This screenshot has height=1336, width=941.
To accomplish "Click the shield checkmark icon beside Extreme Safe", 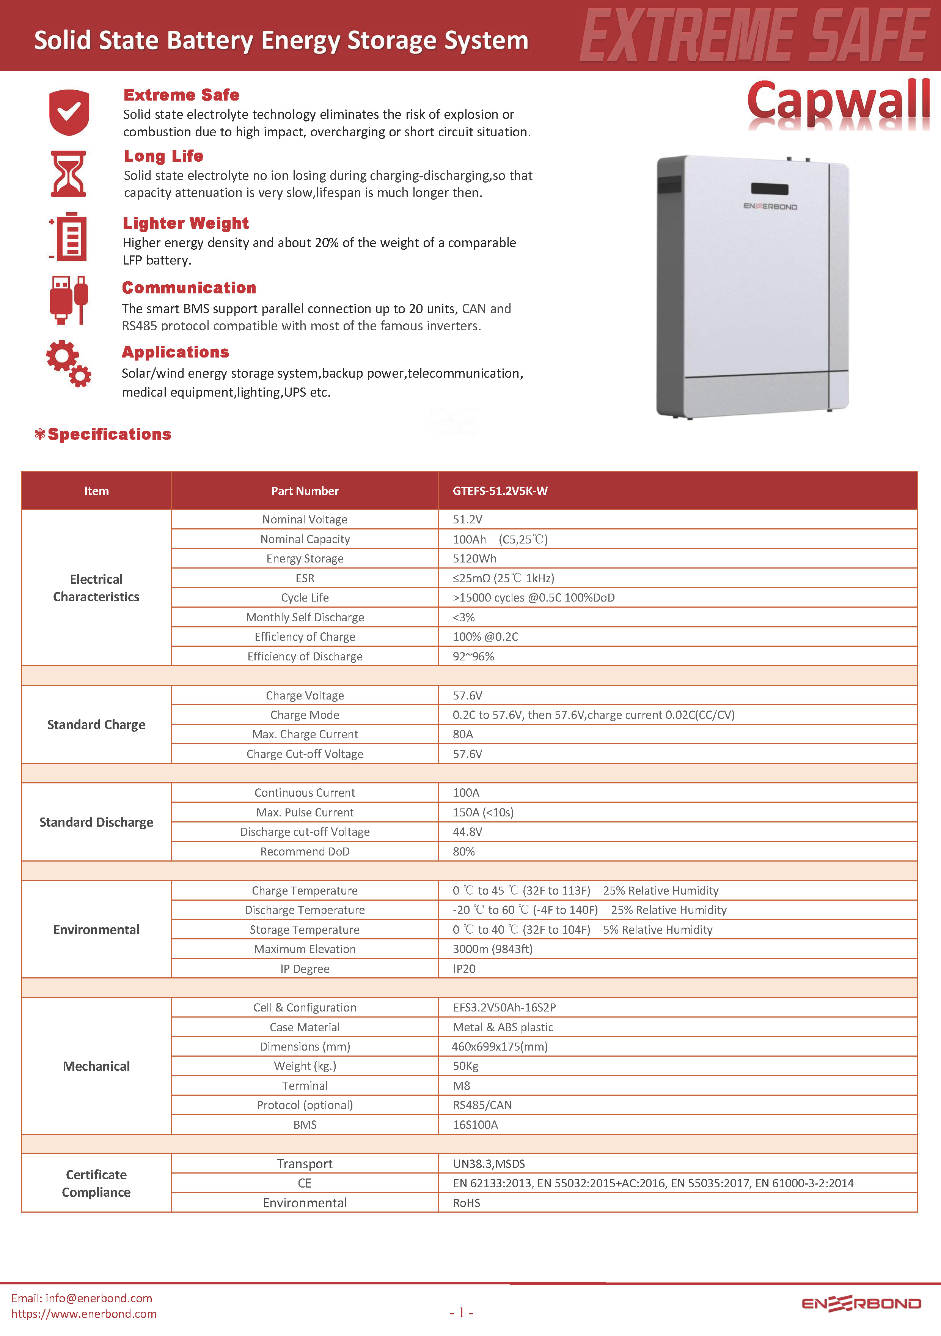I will (69, 112).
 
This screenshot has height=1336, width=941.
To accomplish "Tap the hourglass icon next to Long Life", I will (69, 173).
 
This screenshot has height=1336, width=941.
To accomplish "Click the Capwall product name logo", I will (837, 101).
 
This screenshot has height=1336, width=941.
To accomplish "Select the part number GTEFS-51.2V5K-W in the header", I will (500, 490).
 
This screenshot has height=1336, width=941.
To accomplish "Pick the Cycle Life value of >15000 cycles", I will (533, 597).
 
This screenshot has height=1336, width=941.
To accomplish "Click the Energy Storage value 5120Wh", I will (474, 559).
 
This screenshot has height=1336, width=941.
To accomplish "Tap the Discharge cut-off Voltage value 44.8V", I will (468, 832).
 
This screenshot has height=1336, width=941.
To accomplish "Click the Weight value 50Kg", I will (466, 1066).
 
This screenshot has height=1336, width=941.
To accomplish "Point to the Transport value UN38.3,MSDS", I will (489, 1164).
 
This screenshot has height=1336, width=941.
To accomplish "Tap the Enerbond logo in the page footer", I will (861, 1303).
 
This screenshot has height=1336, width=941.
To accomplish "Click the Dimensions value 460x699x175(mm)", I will (500, 1046).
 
